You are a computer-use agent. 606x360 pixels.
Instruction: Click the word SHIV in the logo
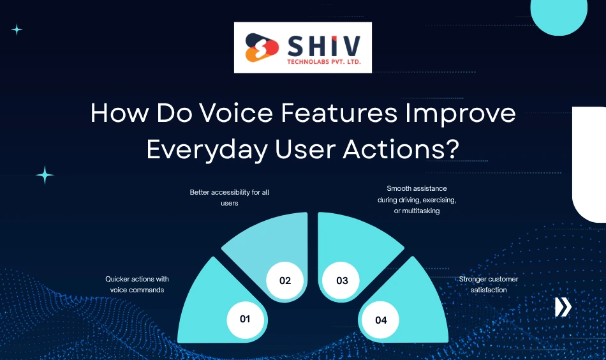(325, 45)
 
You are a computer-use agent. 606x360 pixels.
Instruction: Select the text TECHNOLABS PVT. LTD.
(325, 62)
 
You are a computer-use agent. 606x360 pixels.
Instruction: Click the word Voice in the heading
(232, 114)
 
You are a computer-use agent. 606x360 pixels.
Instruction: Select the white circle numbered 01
(245, 318)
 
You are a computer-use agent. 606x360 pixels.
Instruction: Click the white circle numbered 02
(285, 281)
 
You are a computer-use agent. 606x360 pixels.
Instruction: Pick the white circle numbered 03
(342, 281)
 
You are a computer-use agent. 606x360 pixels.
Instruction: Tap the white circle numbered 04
(381, 320)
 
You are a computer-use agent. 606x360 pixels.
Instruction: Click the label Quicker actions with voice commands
(137, 284)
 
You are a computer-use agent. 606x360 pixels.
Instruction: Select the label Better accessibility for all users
(230, 197)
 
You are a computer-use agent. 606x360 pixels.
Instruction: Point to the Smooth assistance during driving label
(417, 199)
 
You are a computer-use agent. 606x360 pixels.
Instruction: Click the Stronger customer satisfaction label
(489, 285)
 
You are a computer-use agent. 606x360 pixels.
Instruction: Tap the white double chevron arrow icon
(563, 307)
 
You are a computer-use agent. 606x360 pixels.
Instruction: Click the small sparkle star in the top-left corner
(17, 29)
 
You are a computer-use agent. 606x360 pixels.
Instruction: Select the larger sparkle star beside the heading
(45, 175)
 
